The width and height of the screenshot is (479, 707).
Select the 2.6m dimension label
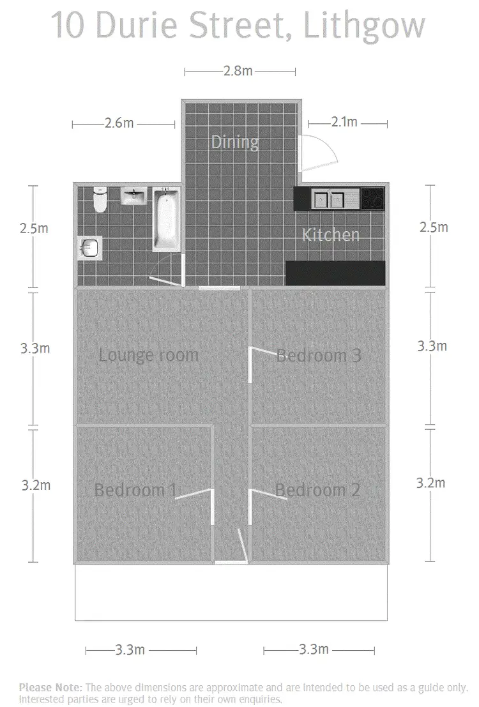pos(119,123)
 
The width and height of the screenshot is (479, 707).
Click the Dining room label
pos(235,142)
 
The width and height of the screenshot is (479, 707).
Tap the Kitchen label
pos(330,235)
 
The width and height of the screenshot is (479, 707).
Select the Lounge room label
pos(149,355)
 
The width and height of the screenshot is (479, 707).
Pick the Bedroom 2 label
pos(317,490)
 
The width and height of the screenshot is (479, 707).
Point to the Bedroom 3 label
pos(319,355)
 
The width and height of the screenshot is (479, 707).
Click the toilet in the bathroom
pos(100,199)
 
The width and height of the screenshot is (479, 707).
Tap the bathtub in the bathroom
pos(167,218)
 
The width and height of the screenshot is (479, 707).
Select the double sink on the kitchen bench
pos(328,199)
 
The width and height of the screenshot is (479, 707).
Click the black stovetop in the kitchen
pos(373,199)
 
